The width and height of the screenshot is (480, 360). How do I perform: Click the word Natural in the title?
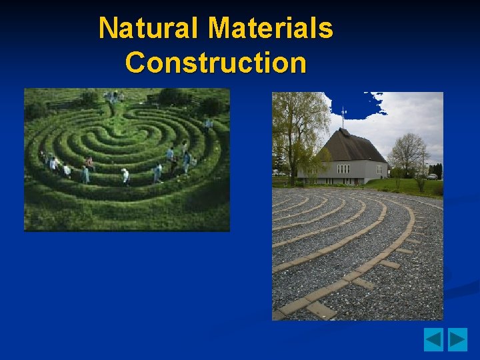(148, 28)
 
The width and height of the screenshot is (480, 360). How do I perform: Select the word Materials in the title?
(270, 28)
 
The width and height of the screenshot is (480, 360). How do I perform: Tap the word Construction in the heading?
(215, 63)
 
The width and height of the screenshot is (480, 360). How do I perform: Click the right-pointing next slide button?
(457, 339)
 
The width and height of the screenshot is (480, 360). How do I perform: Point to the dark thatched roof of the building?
(354, 147)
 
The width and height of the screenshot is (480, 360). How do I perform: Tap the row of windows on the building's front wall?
(343, 169)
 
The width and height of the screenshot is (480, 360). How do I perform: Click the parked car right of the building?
(433, 177)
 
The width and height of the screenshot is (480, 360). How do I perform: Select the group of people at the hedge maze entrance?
(113, 96)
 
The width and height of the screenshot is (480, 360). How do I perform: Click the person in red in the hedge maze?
(89, 162)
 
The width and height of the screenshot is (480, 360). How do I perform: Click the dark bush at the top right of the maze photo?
(212, 105)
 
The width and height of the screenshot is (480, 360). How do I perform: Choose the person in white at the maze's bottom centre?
(125, 176)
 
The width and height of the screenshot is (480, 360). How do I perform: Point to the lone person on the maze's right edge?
(208, 123)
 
